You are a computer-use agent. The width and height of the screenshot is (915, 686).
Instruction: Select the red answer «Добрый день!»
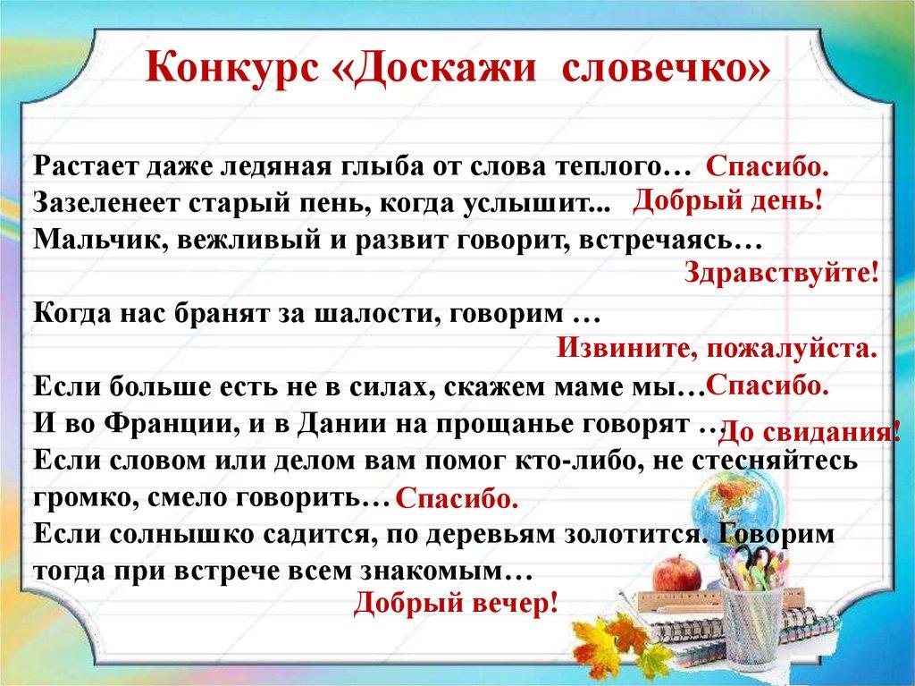pyautogui.click(x=727, y=200)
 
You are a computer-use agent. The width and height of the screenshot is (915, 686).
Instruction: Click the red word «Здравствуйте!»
pyautogui.click(x=781, y=272)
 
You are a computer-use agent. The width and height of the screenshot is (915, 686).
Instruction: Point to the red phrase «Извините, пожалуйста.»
pyautogui.click(x=718, y=349)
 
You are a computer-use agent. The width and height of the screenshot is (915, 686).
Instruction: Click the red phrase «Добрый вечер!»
pyautogui.click(x=456, y=602)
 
